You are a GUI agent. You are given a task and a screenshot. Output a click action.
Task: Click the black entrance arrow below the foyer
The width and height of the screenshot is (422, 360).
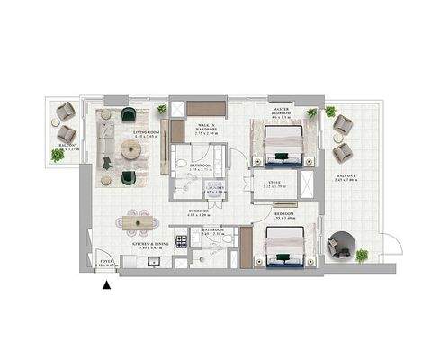pos(107,285)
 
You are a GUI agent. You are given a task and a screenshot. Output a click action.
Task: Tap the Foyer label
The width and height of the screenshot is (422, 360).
pos(105,265)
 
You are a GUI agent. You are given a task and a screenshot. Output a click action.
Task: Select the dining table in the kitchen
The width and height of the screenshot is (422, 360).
pos(139,220)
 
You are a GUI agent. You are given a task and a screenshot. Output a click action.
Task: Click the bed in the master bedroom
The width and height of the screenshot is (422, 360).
pos(286,143)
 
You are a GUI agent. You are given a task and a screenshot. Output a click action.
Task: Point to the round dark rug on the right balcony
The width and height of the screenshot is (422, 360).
pos(342,246)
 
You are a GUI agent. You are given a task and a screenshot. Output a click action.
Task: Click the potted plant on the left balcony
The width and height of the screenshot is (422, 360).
pos(58,155)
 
